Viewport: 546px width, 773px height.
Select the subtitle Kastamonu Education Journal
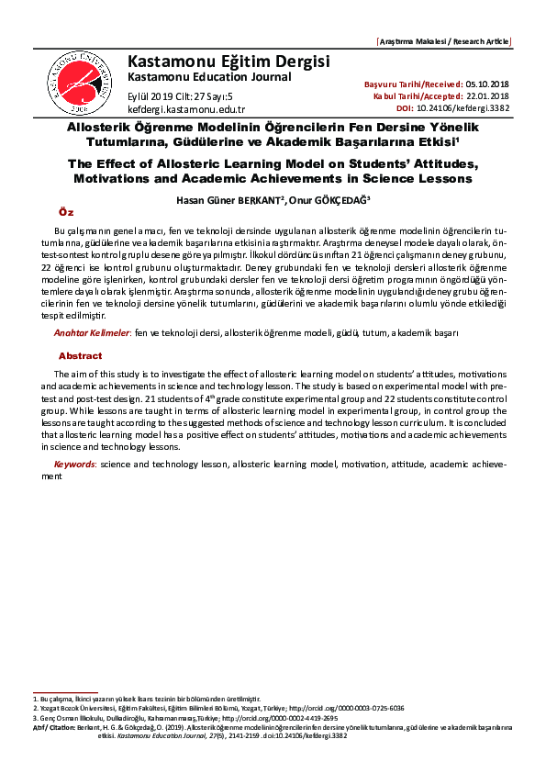click(x=209, y=77)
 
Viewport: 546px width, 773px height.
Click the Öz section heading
click(x=64, y=212)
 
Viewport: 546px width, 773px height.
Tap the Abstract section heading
click(x=80, y=355)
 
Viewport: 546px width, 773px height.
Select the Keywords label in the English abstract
click(x=74, y=465)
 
